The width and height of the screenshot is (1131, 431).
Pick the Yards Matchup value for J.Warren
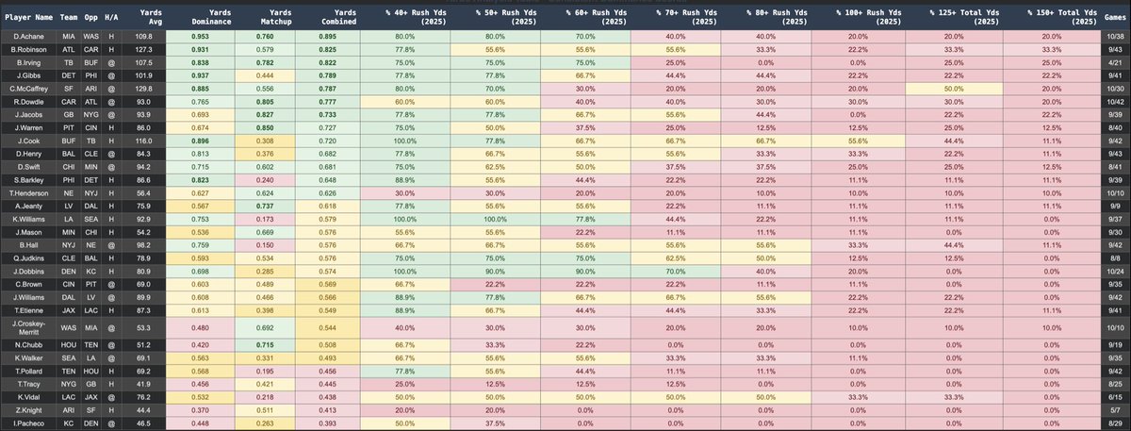coord(260,125)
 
